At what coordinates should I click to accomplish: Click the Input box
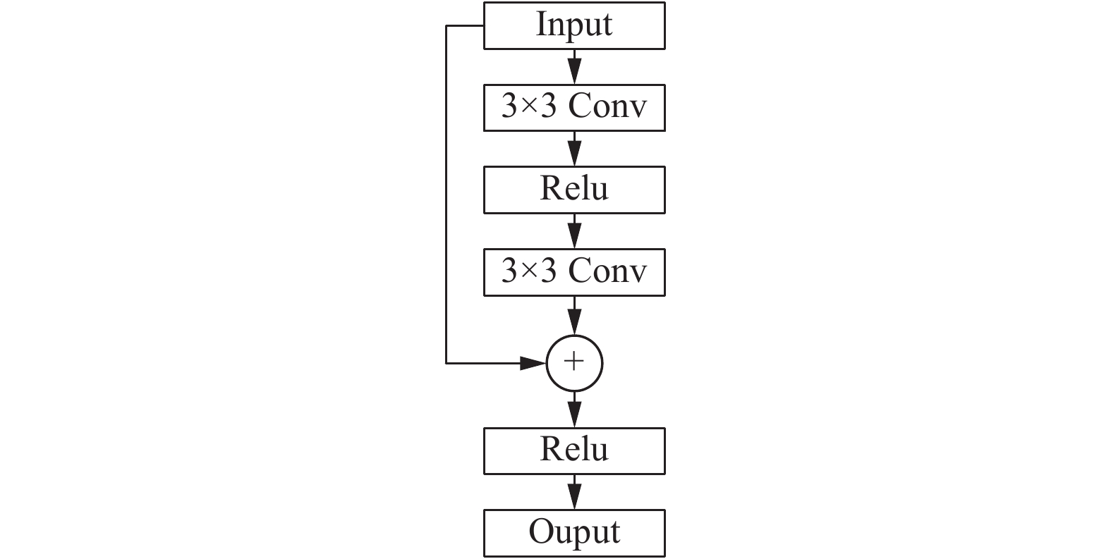click(x=574, y=26)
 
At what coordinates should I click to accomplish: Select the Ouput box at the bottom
click(x=574, y=533)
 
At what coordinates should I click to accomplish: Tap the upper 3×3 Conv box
click(x=574, y=108)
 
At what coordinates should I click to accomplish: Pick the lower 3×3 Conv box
click(x=574, y=273)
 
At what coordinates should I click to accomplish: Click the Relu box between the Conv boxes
click(x=574, y=190)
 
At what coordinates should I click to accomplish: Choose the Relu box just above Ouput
click(x=574, y=451)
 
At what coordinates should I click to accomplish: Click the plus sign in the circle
click(x=574, y=361)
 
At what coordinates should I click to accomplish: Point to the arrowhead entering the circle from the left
click(x=533, y=363)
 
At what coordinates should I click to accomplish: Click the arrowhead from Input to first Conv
click(x=574, y=71)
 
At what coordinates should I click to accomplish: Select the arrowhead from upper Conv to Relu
click(x=574, y=154)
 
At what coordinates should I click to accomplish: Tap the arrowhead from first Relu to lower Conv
click(x=574, y=236)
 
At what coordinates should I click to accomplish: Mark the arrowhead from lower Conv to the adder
click(x=574, y=322)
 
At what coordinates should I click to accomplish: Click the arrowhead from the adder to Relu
click(x=574, y=414)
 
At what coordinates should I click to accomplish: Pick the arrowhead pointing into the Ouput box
click(x=574, y=496)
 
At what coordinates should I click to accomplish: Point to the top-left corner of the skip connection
click(x=447, y=26)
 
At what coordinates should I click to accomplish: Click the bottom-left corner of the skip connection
click(x=447, y=363)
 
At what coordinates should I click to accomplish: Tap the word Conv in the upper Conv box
click(x=607, y=106)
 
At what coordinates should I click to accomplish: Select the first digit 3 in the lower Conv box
click(x=509, y=271)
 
